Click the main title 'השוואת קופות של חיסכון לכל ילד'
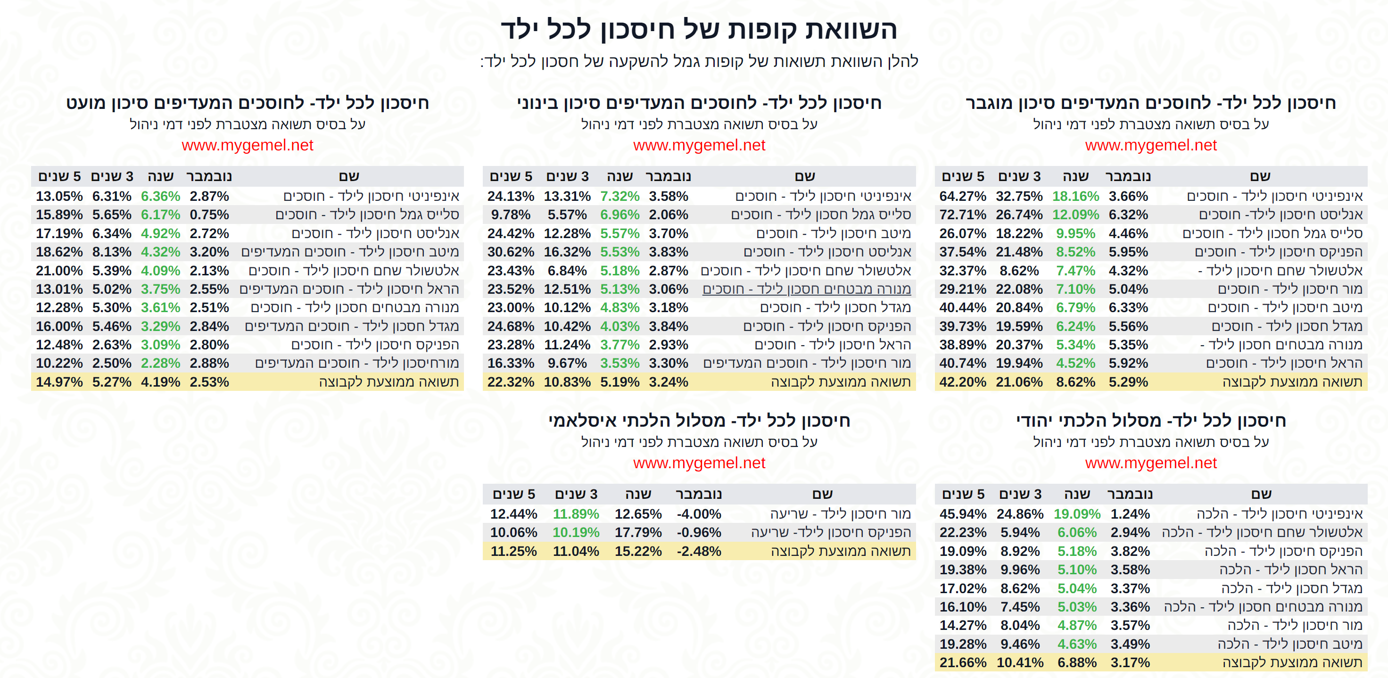click(699, 29)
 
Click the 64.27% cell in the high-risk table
click(962, 196)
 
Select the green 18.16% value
click(1075, 196)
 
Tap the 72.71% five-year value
click(962, 215)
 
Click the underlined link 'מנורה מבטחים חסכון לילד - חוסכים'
click(806, 289)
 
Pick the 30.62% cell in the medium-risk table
click(510, 252)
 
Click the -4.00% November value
click(698, 513)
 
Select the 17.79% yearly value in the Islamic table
click(638, 532)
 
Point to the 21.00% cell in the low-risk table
click(59, 271)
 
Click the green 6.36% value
click(160, 196)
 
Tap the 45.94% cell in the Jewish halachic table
click(962, 513)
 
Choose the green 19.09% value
click(1076, 513)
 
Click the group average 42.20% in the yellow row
click(962, 382)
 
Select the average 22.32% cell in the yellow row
click(510, 382)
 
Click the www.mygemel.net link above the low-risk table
click(248, 145)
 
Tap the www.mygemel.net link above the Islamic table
click(699, 463)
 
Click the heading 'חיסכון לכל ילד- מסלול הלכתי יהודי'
click(1150, 421)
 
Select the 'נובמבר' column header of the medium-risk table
click(668, 176)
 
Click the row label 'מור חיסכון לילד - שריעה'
click(840, 513)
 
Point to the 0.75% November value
click(209, 215)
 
